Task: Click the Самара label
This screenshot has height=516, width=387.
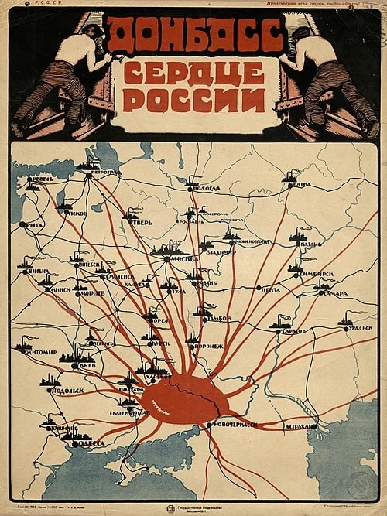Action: point(335,293)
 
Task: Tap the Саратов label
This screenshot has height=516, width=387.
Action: point(293,330)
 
